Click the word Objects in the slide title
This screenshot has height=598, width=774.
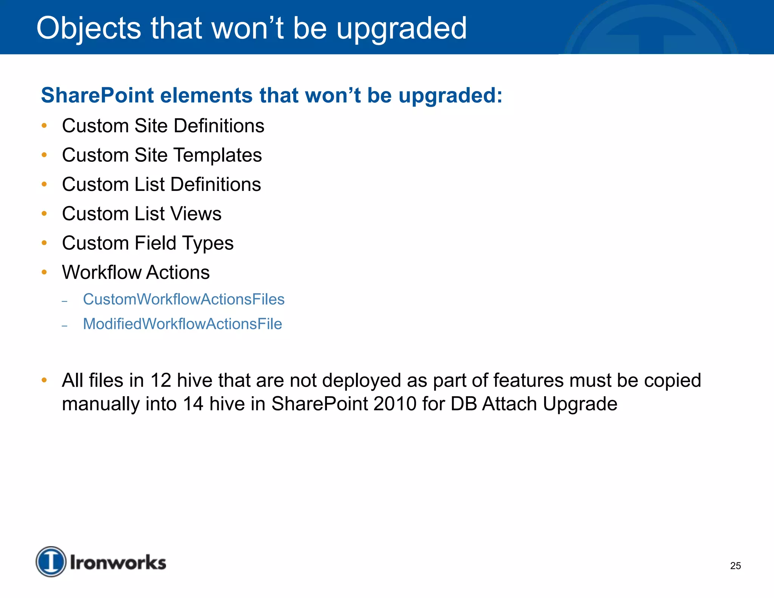tap(88, 29)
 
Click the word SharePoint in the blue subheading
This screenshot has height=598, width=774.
tap(98, 95)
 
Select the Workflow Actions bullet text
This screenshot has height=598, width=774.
tap(136, 273)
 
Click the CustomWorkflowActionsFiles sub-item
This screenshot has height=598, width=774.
tap(184, 299)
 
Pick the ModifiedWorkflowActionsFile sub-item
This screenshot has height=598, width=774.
tap(183, 324)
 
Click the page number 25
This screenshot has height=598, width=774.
tap(735, 566)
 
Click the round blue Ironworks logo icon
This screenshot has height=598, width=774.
tap(51, 562)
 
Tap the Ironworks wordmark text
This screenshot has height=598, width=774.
tap(118, 562)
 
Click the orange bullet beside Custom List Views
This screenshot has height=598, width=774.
tap(44, 214)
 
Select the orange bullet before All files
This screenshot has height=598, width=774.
tap(44, 380)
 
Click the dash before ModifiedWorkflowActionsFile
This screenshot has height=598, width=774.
tap(65, 325)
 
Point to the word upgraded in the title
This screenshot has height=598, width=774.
tap(401, 29)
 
